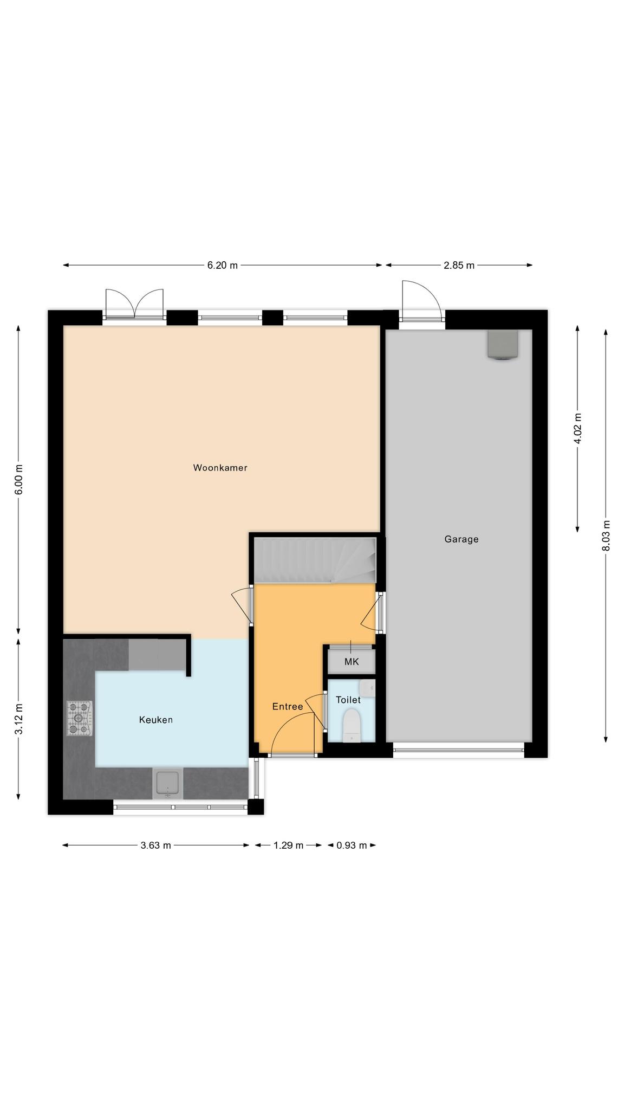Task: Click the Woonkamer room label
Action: [x=220, y=468]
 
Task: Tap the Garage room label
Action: [x=461, y=539]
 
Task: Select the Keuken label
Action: [x=155, y=720]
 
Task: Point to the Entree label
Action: [x=287, y=707]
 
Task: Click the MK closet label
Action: [x=352, y=662]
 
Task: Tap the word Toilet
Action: [x=348, y=700]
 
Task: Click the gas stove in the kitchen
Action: [x=79, y=718]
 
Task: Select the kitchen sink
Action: [x=167, y=783]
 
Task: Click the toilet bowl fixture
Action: [x=352, y=725]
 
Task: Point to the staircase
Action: [x=315, y=560]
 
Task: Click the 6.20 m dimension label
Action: [x=222, y=266]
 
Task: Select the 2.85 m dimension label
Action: [x=459, y=266]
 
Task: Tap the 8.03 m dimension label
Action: [x=606, y=535]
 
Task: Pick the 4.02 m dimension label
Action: [x=577, y=428]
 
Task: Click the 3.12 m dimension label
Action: [x=18, y=719]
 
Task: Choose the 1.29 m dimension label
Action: [x=288, y=846]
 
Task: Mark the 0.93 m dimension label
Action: [x=352, y=846]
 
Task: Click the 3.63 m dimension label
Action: [x=155, y=846]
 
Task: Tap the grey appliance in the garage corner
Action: [x=503, y=345]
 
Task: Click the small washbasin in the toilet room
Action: [x=367, y=687]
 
